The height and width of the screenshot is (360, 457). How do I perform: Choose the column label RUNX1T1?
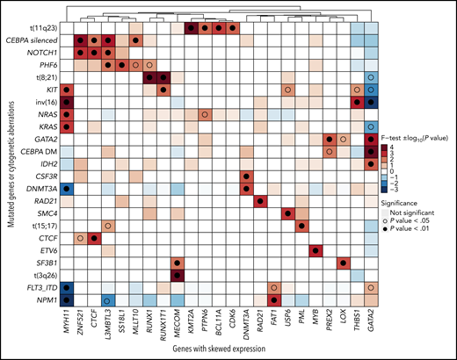click(160, 327)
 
